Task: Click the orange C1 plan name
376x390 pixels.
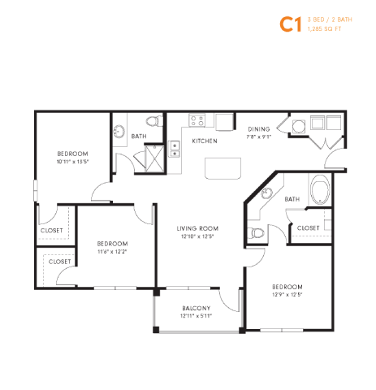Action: [x=290, y=24]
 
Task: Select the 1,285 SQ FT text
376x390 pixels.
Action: [x=325, y=29]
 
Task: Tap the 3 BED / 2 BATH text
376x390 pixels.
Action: [x=329, y=19]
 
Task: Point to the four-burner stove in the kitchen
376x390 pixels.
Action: [x=197, y=121]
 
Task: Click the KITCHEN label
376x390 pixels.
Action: [x=204, y=141]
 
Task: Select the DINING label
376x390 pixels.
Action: [x=259, y=129]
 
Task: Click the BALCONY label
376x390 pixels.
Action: [x=197, y=308]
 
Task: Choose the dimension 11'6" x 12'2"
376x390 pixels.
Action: [x=112, y=251]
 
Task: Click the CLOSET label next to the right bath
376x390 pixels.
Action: [x=309, y=228]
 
